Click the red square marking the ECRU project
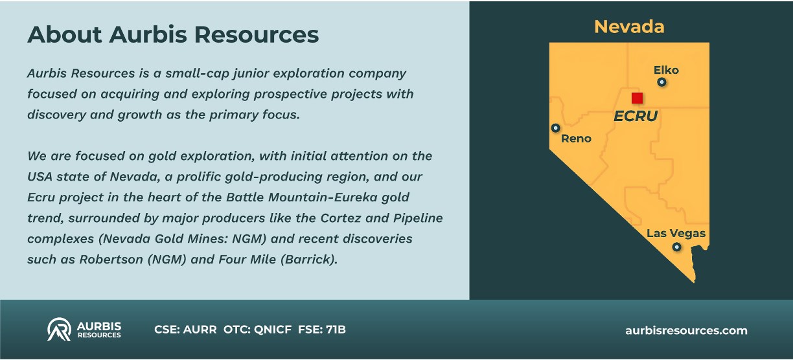click(638, 98)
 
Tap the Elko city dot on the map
click(661, 82)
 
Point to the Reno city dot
click(556, 128)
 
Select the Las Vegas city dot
click(676, 247)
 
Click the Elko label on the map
click(666, 70)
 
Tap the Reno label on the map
click(576, 139)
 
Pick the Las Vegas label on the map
click(676, 233)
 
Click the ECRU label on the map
click(636, 116)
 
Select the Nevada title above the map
click(629, 27)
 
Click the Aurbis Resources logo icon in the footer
click(59, 329)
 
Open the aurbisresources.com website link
click(687, 330)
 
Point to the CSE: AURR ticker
click(185, 330)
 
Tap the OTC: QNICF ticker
click(257, 330)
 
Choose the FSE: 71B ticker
click(322, 330)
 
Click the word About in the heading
click(65, 34)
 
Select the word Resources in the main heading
click(257, 34)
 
